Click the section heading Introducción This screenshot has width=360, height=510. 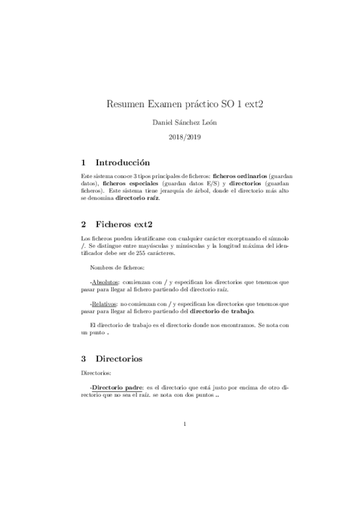click(123, 162)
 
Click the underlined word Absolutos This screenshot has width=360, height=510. click(104, 281)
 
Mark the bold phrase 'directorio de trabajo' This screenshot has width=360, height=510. click(222, 311)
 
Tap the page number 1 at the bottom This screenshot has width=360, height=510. click(185, 425)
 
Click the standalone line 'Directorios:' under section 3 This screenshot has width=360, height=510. click(95, 373)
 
